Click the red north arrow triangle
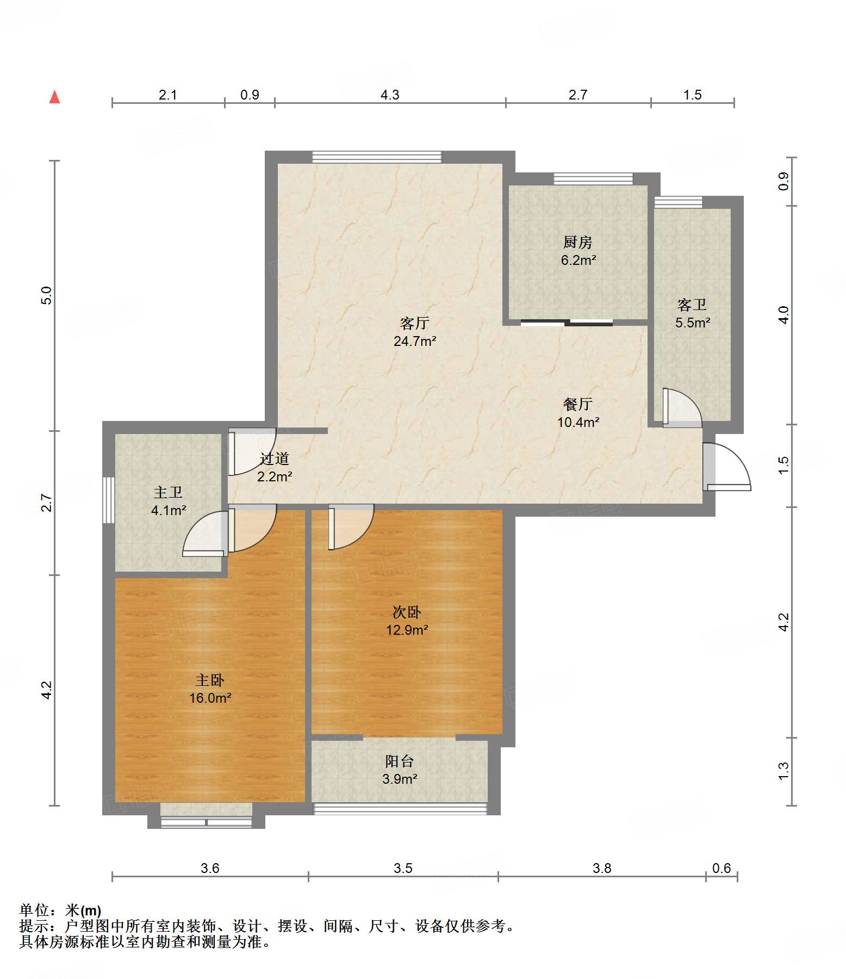(x=54, y=97)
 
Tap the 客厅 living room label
(x=415, y=324)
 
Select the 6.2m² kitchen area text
(x=578, y=260)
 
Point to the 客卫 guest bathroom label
(x=692, y=305)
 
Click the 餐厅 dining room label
(x=578, y=404)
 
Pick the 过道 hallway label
(x=275, y=459)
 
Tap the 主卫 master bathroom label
(x=168, y=493)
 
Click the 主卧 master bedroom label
(x=210, y=680)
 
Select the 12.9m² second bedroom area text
(x=407, y=630)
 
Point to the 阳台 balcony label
(x=400, y=761)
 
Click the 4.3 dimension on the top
(x=390, y=95)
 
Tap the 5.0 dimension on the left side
(x=47, y=295)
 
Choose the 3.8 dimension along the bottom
(x=602, y=868)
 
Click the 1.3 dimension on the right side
(x=783, y=771)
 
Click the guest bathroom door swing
(x=682, y=407)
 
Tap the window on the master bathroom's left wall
(x=109, y=500)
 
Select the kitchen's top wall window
(x=593, y=179)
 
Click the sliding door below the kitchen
(x=567, y=323)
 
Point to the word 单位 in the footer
(x=34, y=910)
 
